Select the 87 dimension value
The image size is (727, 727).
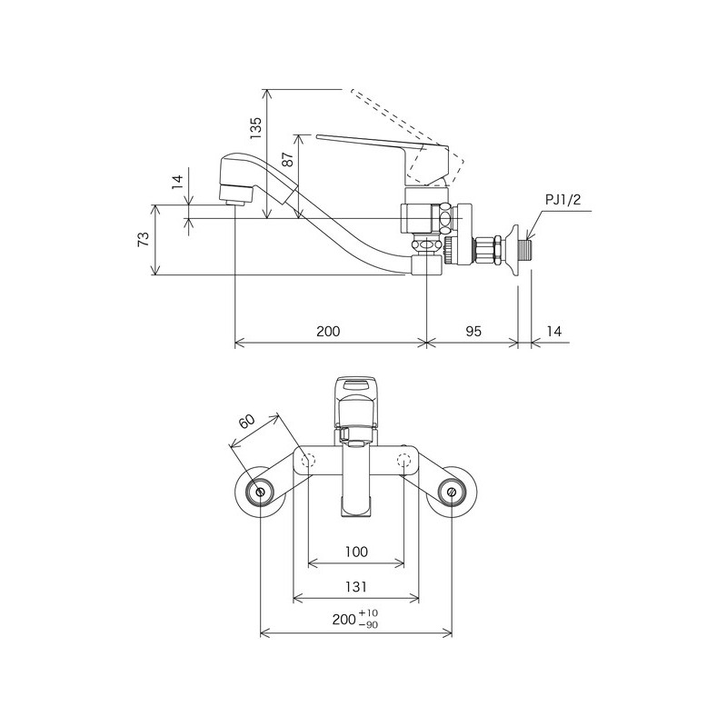click(288, 161)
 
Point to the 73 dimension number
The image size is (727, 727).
click(143, 240)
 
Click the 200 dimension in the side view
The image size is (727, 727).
click(328, 332)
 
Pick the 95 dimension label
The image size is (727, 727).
click(473, 332)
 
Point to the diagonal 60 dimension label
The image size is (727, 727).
click(246, 424)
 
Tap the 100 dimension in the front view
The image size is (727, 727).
click(356, 552)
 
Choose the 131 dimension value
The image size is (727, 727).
click(356, 586)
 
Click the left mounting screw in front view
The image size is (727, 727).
click(261, 492)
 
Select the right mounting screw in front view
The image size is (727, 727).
click(452, 492)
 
